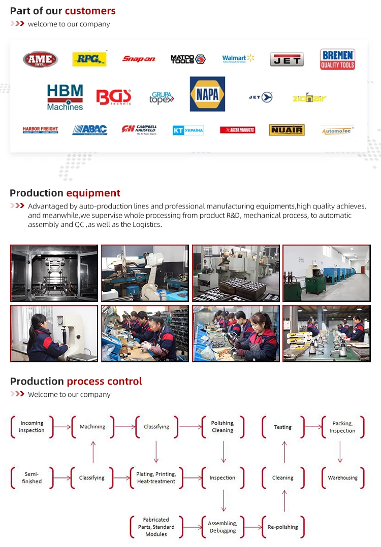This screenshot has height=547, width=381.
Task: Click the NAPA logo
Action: click(207, 94)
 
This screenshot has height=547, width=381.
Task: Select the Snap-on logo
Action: click(139, 59)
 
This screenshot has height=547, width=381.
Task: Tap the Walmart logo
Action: click(238, 59)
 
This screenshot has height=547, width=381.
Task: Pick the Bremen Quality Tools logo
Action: click(337, 59)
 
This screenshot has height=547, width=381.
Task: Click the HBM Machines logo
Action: click(65, 97)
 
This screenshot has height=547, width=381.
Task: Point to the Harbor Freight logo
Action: click(40, 130)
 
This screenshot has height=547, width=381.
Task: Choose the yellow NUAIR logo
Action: click(287, 130)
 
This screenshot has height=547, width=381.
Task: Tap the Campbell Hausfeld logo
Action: click(139, 130)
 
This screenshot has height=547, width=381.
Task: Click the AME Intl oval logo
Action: click(40, 59)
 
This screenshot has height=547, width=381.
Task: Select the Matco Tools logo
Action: click(188, 59)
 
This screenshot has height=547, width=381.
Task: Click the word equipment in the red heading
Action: click(93, 193)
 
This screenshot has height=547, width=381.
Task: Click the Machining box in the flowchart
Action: click(92, 427)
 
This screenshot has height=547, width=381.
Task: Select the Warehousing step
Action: click(342, 477)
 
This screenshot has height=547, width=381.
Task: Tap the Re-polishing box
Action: click(283, 527)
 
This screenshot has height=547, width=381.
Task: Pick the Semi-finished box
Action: click(31, 477)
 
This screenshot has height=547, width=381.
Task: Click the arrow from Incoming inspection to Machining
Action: click(62, 427)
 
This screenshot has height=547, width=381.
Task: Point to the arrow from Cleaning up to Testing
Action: click(284, 452)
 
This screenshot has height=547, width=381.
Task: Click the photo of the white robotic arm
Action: click(145, 273)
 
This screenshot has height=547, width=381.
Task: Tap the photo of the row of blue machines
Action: click(326, 273)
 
